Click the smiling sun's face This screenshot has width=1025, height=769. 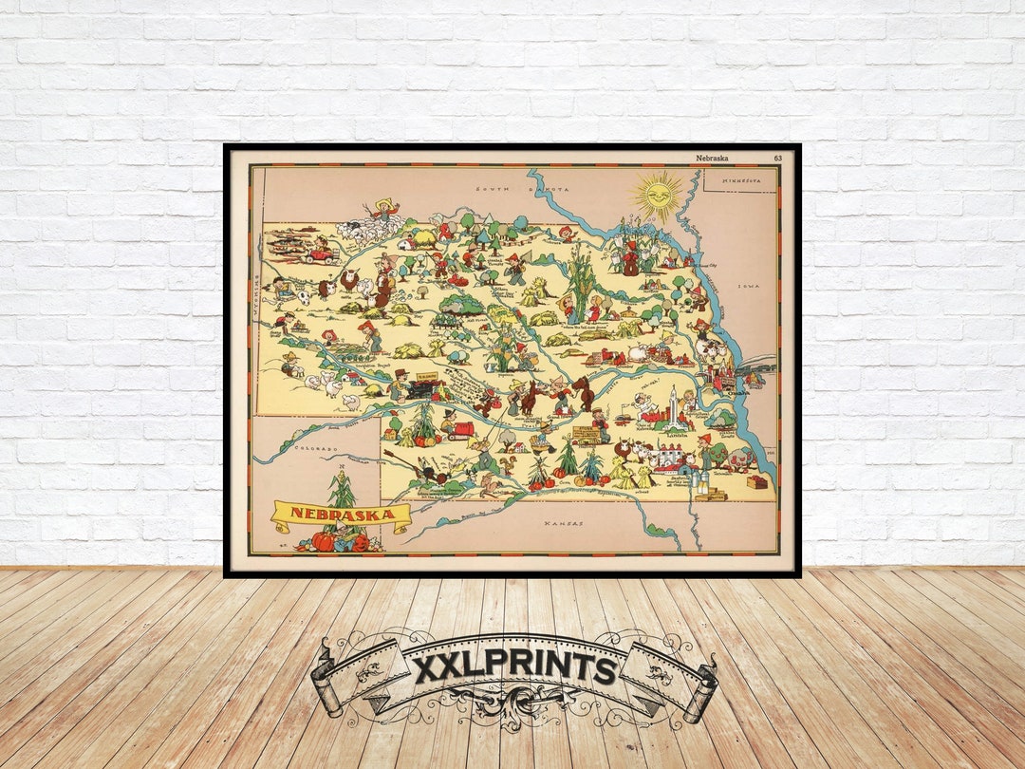pos(657,197)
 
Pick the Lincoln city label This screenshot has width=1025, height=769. pos(676,435)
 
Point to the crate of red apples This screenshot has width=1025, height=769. pos(756,482)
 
